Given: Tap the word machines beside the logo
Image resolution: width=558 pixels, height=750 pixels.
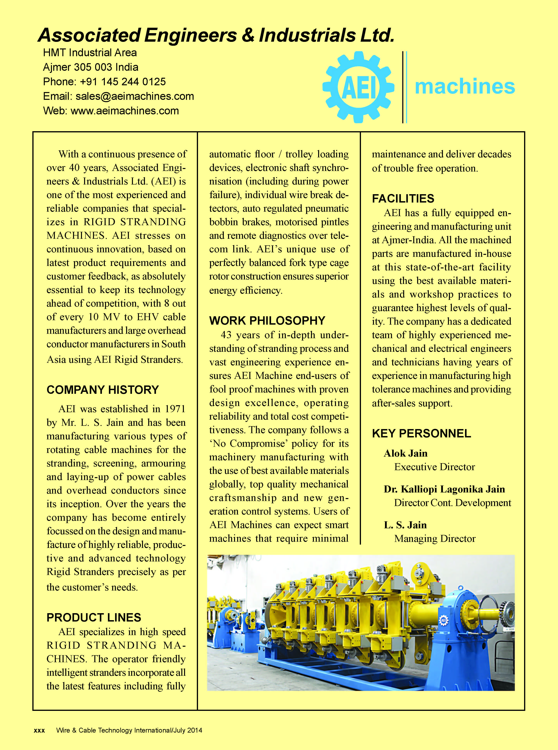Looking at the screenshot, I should click(x=465, y=86).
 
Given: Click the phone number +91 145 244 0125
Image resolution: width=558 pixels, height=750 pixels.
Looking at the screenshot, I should click(x=123, y=82).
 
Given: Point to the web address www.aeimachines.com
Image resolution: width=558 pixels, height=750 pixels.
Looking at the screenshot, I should click(x=125, y=111).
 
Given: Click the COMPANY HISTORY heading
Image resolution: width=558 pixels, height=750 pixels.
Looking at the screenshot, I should click(x=103, y=390).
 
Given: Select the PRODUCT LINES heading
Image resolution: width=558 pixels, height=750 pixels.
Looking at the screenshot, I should click(x=94, y=618).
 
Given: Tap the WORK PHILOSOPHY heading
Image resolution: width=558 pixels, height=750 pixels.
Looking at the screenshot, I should click(x=267, y=321).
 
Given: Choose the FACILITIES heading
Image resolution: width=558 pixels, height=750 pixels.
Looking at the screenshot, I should click(x=403, y=199).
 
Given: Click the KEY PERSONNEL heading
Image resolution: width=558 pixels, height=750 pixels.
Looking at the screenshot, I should click(x=421, y=434).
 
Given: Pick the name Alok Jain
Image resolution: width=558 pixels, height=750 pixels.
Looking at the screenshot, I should click(x=405, y=453).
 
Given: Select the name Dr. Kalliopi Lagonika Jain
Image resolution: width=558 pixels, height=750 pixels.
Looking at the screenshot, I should click(x=444, y=489).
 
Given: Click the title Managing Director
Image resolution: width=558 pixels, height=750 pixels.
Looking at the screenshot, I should click(x=435, y=539).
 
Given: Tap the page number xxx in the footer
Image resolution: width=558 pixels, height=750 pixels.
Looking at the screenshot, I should click(x=39, y=730).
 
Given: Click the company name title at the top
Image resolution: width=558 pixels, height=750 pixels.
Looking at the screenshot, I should click(x=216, y=35).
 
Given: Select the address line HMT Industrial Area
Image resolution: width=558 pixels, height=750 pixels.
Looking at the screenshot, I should click(x=90, y=53).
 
